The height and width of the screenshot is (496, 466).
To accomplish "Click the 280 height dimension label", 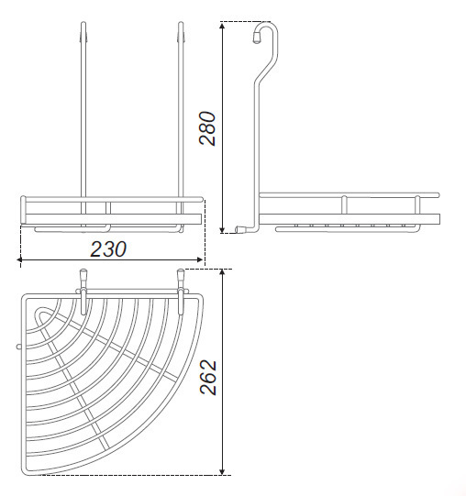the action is [x=207, y=128].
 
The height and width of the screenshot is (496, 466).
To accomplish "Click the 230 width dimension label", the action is [x=108, y=249].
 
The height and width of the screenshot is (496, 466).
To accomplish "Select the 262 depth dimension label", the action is [x=208, y=377].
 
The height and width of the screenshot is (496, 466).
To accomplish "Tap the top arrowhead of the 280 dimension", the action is [x=223, y=26].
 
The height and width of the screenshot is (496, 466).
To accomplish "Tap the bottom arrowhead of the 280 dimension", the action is [x=223, y=229].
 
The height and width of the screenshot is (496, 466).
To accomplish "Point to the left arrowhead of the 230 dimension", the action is [x=19, y=259].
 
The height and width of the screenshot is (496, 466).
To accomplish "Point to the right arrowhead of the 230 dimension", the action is [x=199, y=259].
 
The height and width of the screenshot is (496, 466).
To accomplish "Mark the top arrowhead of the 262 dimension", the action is [x=223, y=273].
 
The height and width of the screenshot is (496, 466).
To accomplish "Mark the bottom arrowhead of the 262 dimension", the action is [x=223, y=470].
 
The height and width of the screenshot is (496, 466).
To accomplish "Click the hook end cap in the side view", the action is [x=257, y=39].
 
